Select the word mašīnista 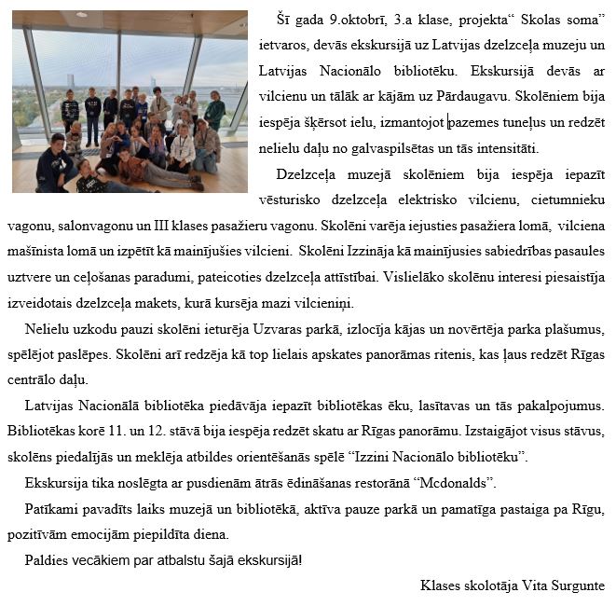coord(37,252)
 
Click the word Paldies coord(48,559)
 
